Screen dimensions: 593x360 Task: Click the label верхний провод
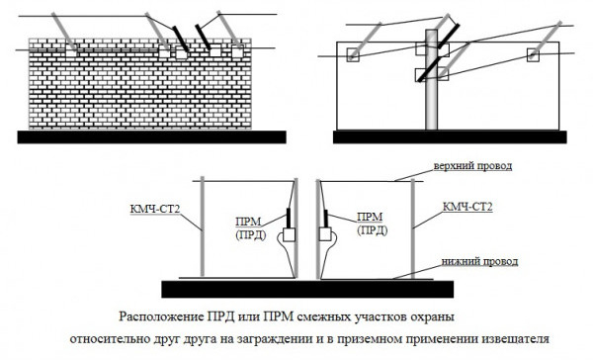[x=472, y=166]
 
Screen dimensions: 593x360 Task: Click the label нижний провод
[x=479, y=261]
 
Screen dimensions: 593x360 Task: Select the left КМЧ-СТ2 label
[x=155, y=209]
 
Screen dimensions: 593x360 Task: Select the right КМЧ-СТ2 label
[x=467, y=207]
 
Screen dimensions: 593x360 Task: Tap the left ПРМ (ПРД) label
[x=251, y=227]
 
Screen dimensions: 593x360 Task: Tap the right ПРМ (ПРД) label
[x=373, y=224]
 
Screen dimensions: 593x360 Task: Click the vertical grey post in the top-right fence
[x=431, y=79]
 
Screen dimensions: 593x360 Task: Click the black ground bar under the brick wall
[x=151, y=137]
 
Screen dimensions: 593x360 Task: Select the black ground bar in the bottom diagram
[x=307, y=289]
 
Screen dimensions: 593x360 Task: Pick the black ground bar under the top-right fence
[x=450, y=137]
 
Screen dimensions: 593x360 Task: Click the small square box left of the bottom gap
[x=289, y=234]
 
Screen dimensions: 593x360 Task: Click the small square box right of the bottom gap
[x=325, y=234]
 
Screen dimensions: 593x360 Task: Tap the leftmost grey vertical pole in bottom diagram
[x=203, y=226]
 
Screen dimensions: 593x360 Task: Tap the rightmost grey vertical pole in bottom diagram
[x=413, y=228]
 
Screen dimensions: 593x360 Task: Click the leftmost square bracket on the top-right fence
[x=353, y=54]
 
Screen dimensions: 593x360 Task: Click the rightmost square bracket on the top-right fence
[x=533, y=54]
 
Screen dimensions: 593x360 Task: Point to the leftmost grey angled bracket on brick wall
[x=63, y=32]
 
